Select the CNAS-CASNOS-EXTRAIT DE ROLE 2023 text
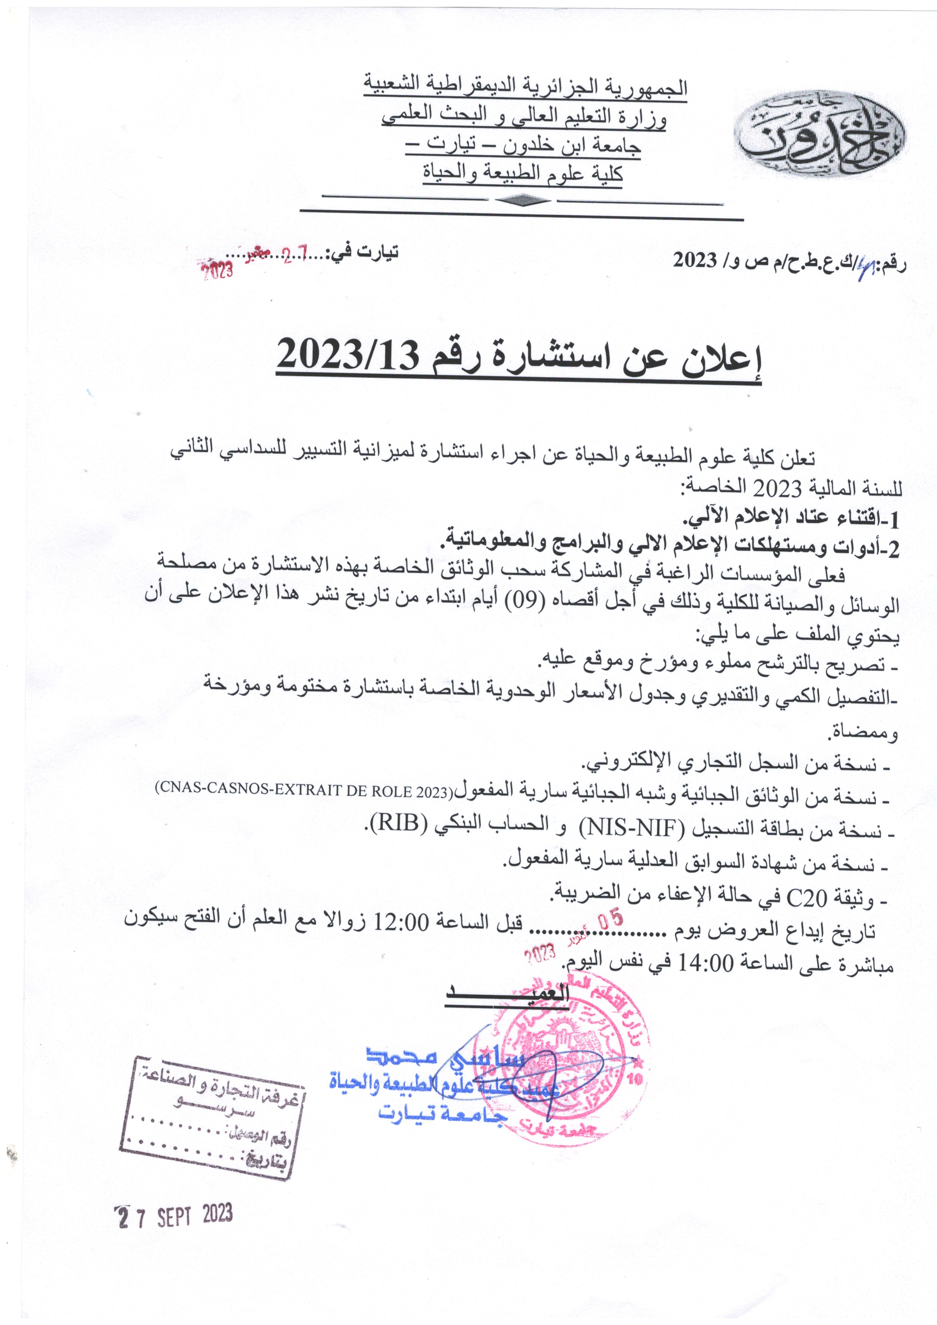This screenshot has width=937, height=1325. point(301,791)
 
